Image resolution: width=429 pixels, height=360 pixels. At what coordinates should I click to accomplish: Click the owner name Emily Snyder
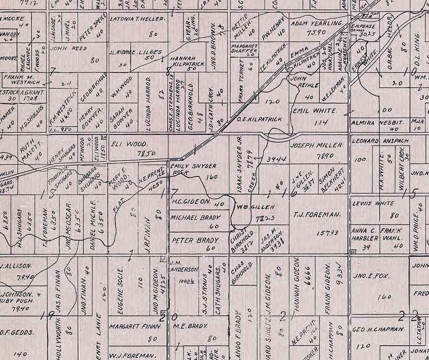(194, 166)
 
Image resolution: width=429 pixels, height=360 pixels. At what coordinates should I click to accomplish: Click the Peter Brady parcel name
(195, 241)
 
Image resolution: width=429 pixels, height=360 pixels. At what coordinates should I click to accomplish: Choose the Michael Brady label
(194, 218)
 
